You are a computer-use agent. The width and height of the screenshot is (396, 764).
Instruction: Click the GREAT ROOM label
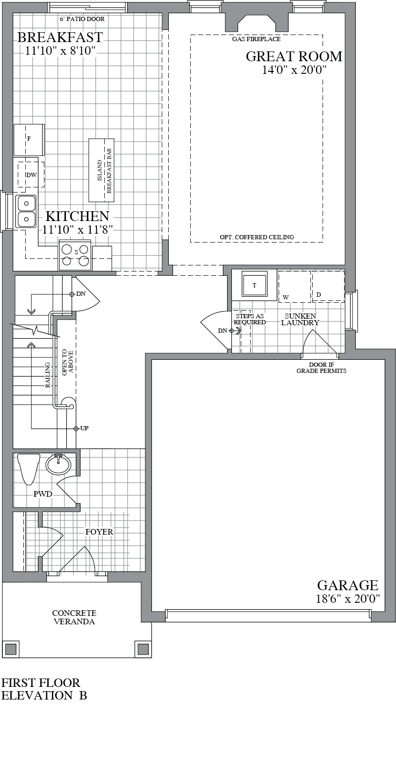coord(294,57)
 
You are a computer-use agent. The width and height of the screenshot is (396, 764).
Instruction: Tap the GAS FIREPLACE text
coord(256,39)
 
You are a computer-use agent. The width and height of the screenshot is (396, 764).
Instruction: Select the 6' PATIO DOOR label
coord(82,19)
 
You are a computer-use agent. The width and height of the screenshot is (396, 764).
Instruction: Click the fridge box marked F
coord(29,139)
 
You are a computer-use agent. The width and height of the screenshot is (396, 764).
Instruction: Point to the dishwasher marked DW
coord(31,175)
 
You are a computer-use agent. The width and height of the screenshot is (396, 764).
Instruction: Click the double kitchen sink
coord(27,211)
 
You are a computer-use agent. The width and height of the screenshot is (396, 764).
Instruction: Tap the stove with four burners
coord(75,256)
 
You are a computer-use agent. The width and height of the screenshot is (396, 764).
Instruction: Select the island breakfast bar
coord(101,171)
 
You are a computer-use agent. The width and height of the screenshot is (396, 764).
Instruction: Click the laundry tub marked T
coord(254,285)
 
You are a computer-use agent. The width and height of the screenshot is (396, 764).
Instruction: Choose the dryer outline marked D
coord(328,286)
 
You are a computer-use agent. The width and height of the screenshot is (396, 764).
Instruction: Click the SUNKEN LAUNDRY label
coord(300,320)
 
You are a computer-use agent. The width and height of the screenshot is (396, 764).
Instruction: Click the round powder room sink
coord(58,464)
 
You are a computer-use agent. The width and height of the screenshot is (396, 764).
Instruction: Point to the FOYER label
coord(99,532)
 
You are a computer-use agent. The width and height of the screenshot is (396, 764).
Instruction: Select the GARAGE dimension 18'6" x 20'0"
coord(348,599)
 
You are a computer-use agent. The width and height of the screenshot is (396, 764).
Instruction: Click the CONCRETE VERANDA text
coord(74,617)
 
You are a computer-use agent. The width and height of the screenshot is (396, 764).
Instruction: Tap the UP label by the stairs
coord(84,428)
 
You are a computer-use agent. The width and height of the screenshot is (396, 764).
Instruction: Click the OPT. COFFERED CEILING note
coord(257,237)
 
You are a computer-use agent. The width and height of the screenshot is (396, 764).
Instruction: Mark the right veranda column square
coord(143,649)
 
